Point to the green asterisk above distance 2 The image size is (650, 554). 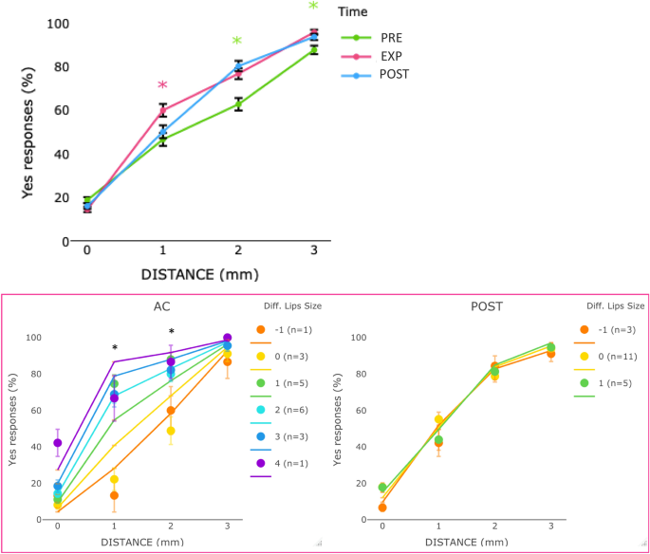[x=237, y=42]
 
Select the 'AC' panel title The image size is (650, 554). [x=161, y=307]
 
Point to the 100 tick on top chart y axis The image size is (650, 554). [x=59, y=23]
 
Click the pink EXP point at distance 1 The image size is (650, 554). [x=162, y=110]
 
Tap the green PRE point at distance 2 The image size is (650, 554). [x=238, y=104]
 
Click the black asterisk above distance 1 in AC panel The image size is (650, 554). [x=115, y=347]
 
